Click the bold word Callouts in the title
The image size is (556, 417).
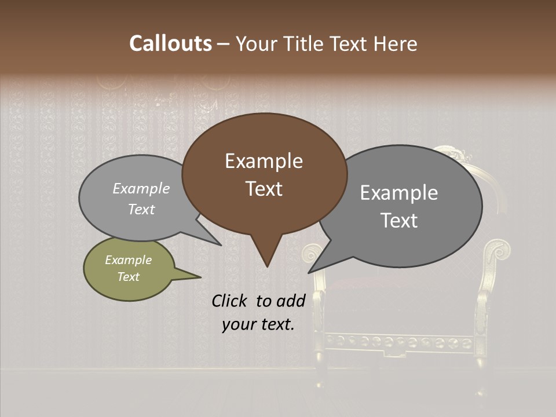point(170,43)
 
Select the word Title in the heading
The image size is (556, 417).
point(305,44)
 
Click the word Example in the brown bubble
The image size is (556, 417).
point(264,161)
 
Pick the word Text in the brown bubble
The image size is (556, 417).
point(264,188)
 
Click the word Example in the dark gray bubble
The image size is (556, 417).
point(399,193)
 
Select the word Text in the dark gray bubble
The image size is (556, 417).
point(399,220)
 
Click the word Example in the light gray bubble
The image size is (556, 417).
point(141,188)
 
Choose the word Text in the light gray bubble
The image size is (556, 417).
point(141,209)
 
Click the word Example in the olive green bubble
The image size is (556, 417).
point(128,260)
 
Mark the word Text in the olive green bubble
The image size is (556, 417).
point(128,277)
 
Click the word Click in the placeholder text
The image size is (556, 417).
point(230,300)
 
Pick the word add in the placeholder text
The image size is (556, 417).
point(291,300)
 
